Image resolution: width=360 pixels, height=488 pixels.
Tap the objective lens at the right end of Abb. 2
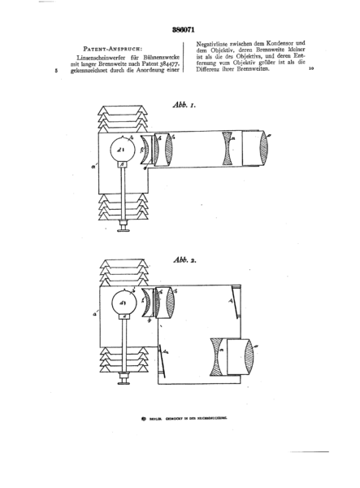(256, 356)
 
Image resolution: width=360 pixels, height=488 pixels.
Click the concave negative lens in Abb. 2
(215, 356)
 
